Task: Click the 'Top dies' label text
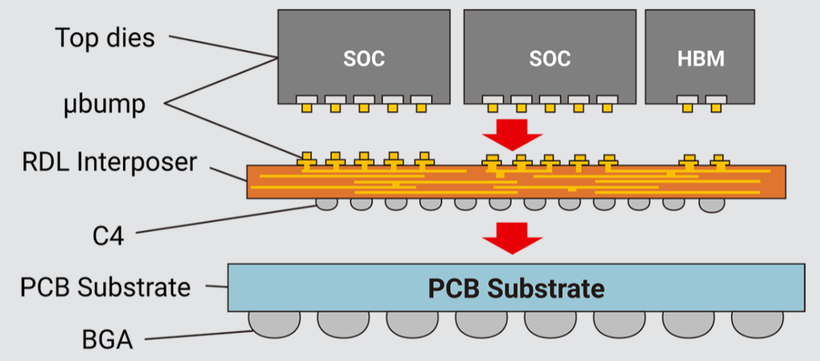point(105,38)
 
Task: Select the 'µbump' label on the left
point(104,104)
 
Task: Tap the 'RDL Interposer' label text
point(109,161)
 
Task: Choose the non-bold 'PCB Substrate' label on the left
point(106,286)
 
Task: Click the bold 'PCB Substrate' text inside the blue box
point(516,288)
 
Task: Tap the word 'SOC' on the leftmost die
point(364,59)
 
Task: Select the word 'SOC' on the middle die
point(549,59)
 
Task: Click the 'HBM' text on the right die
point(700,59)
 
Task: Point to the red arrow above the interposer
point(512,133)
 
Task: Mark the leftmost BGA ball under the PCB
point(274,322)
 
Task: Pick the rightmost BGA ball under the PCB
point(758,322)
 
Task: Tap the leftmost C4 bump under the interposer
point(327,202)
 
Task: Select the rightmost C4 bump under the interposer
point(709,203)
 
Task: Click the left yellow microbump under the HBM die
point(687,108)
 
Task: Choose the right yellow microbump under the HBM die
point(716,108)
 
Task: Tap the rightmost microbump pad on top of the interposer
point(717,161)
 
